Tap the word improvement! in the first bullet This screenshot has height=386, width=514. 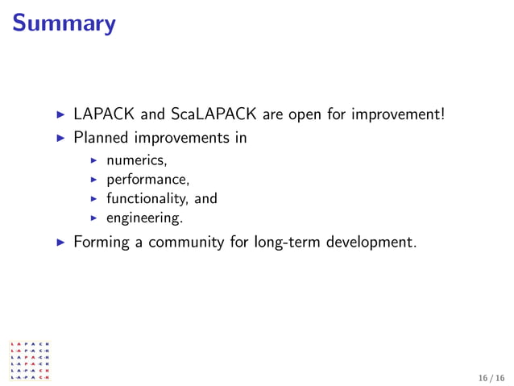click(398, 115)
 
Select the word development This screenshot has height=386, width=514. click(373, 241)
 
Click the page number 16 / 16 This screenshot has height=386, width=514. click(490, 377)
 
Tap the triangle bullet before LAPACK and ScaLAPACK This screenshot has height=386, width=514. click(59, 115)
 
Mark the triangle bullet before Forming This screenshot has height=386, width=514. click(59, 241)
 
